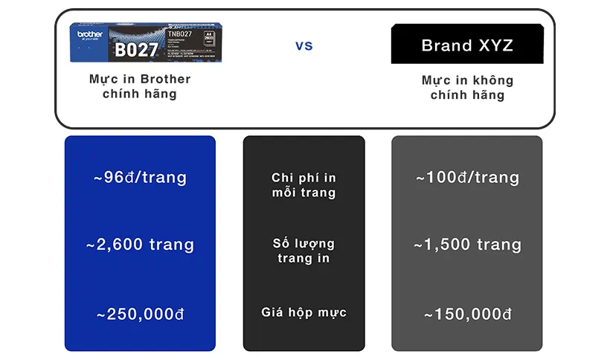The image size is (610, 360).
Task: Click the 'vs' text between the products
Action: [304, 46]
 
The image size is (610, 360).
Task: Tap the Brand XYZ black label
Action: [467, 45]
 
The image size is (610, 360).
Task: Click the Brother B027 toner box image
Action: [141, 42]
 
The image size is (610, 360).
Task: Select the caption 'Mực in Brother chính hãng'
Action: [140, 86]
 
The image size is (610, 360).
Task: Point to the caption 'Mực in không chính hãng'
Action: [467, 87]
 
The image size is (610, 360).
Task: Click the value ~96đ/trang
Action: [140, 178]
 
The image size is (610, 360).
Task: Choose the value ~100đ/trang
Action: [467, 178]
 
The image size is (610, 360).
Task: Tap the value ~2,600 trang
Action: [140, 245]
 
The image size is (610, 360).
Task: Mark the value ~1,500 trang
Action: [467, 245]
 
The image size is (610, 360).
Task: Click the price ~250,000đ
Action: [140, 314]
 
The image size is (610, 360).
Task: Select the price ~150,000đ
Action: [467, 314]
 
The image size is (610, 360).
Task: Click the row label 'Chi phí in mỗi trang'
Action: [304, 185]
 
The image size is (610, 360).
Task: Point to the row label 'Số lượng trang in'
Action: [304, 251]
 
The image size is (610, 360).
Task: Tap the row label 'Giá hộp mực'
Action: [304, 312]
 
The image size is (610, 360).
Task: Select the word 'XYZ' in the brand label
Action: [494, 45]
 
